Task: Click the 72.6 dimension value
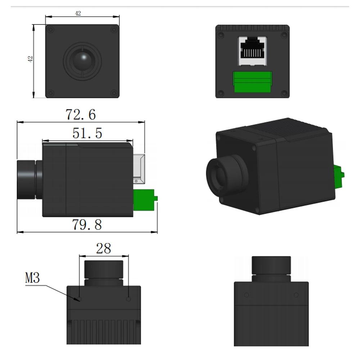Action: click(x=81, y=114)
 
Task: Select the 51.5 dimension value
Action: click(x=87, y=133)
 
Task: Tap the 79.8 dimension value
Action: click(x=87, y=225)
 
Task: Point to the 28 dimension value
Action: click(x=104, y=248)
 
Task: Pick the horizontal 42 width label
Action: click(x=78, y=13)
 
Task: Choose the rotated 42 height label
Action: click(x=30, y=59)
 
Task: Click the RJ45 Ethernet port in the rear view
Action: click(x=252, y=51)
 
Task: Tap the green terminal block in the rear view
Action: click(x=252, y=82)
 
